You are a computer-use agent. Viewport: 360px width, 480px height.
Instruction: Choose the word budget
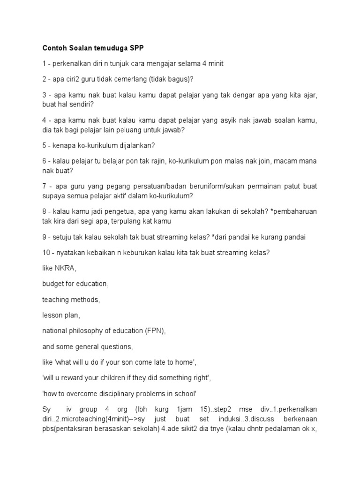pyautogui.click(x=53, y=284)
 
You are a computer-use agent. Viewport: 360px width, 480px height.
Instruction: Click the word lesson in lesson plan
pyautogui.click(x=53, y=315)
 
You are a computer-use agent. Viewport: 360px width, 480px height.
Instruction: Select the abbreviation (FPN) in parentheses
pyautogui.click(x=154, y=331)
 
